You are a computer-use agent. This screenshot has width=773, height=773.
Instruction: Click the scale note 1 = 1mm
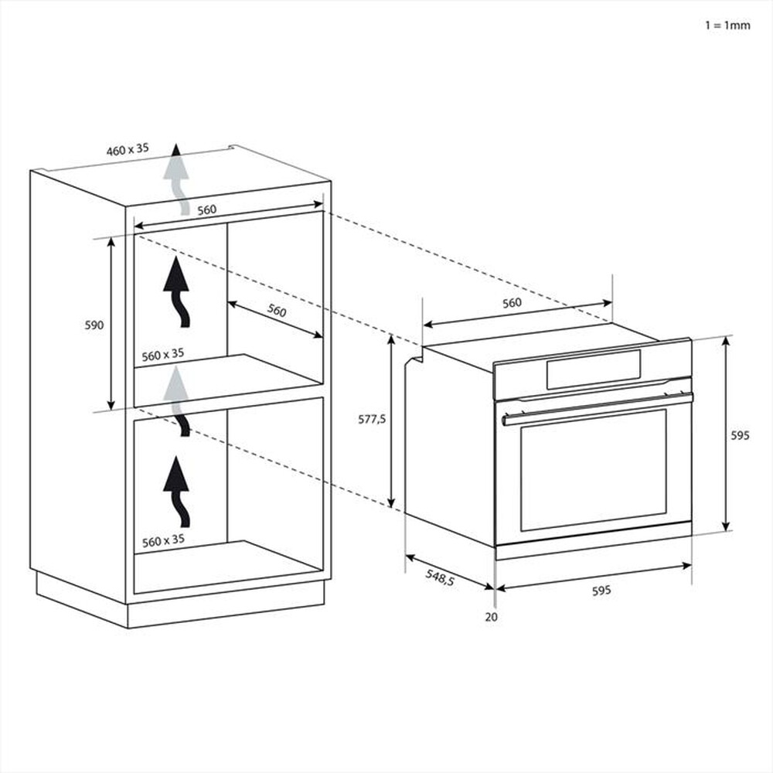(727, 25)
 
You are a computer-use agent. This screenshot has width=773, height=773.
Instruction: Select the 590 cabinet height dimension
(94, 325)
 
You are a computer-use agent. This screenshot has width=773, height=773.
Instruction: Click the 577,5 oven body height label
(372, 420)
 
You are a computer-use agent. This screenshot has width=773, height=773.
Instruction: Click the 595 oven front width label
(601, 590)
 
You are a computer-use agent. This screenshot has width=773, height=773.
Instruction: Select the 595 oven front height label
(740, 435)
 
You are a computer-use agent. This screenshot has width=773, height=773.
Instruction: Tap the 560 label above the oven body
(512, 303)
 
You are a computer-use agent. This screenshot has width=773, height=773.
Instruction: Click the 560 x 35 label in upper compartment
(163, 354)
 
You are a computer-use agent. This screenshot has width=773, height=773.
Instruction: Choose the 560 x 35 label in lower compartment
(163, 540)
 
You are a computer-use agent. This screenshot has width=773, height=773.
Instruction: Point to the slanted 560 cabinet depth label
(276, 311)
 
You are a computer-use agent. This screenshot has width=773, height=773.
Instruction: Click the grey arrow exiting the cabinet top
(179, 177)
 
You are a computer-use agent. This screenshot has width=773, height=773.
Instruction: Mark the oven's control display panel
(593, 369)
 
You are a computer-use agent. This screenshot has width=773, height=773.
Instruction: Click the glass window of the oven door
(593, 469)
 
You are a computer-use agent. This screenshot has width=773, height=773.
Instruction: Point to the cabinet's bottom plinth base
(178, 603)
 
